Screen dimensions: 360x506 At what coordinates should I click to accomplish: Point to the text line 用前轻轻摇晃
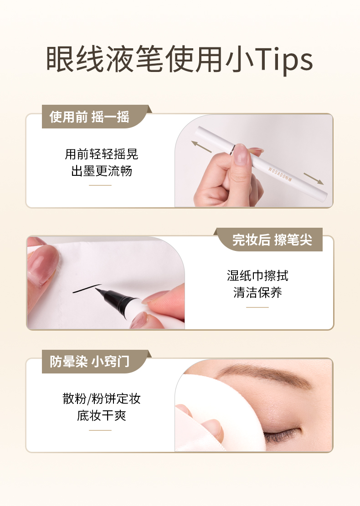(x=101, y=154)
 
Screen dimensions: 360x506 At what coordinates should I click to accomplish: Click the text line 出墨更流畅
(x=101, y=171)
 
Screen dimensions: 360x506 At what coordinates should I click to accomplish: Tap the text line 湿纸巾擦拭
(x=257, y=276)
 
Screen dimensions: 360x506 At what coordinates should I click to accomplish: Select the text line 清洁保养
(x=257, y=292)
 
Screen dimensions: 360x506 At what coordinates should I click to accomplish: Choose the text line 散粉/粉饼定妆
(x=101, y=399)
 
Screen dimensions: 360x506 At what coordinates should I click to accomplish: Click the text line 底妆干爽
(x=101, y=415)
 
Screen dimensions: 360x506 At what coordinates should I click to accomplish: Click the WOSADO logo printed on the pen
(x=280, y=174)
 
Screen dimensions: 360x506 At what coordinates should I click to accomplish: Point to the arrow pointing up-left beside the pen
(x=201, y=146)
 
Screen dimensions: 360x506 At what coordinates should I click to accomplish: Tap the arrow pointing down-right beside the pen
(x=314, y=179)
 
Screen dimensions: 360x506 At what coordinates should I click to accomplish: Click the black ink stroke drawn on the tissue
(x=87, y=288)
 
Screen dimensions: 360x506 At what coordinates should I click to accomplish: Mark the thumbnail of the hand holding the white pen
(x=239, y=154)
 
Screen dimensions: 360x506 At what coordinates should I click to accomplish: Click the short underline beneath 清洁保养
(x=257, y=307)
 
